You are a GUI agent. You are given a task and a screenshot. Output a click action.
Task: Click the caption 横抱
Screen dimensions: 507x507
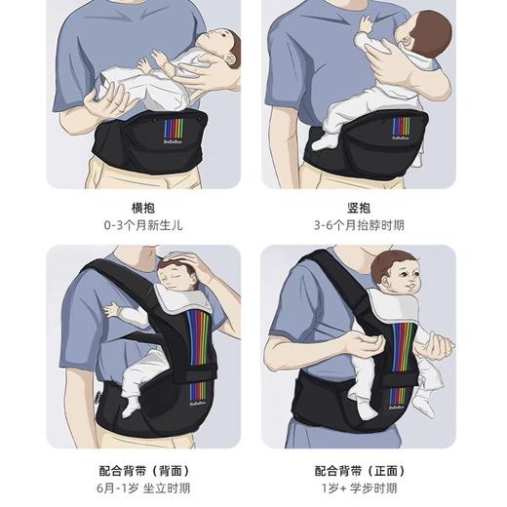pos(143,208)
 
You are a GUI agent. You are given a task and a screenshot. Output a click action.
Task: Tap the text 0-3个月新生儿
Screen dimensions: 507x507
pos(143,225)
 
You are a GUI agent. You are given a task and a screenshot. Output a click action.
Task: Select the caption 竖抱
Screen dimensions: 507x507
pos(358,208)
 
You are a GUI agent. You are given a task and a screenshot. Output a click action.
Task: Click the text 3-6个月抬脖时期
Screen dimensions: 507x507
pos(358,225)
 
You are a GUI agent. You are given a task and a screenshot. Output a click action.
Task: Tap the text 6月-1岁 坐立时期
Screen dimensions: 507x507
pos(143,488)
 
